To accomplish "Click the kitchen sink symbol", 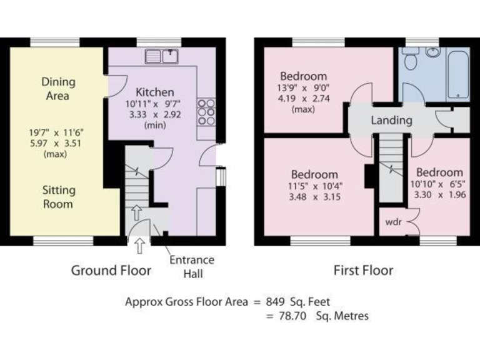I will tap(162, 56).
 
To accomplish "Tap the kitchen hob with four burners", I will tap(206, 111).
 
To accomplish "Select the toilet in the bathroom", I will tap(411, 59).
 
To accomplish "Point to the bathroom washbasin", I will tap(433, 52).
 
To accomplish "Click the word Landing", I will tap(391, 120).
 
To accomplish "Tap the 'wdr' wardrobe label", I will tap(393, 222).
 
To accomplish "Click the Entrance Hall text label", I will tap(192, 266).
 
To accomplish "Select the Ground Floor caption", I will tap(111, 270).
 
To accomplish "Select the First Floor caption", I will tap(362, 270).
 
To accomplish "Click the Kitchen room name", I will tap(150, 92).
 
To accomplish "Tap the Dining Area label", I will tap(58, 89).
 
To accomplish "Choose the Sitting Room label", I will tap(57, 196).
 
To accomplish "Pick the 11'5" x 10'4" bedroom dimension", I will tap(315, 186).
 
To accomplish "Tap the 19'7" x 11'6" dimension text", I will tap(58, 132).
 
